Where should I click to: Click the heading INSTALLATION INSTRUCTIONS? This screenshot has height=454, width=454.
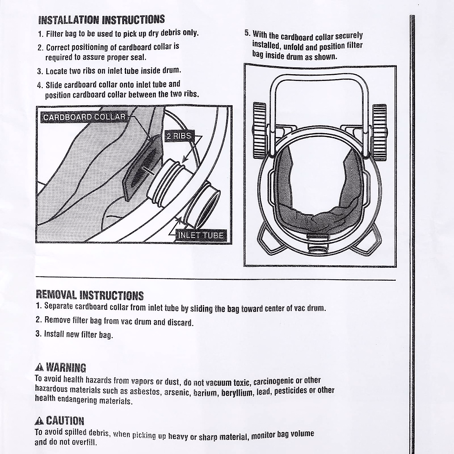[x=102, y=20]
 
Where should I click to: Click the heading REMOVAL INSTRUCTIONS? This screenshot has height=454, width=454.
[x=90, y=295]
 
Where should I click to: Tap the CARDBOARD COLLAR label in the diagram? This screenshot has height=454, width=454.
[x=84, y=117]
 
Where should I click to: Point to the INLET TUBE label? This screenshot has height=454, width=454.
[x=201, y=235]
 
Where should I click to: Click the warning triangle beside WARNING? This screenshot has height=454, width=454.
[x=39, y=367]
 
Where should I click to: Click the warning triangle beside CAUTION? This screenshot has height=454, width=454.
[x=39, y=421]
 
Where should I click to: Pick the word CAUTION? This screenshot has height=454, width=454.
[x=65, y=421]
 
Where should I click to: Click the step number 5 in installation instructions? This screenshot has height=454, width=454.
[x=247, y=33]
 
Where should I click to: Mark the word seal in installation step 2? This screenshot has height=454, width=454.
[x=137, y=58]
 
